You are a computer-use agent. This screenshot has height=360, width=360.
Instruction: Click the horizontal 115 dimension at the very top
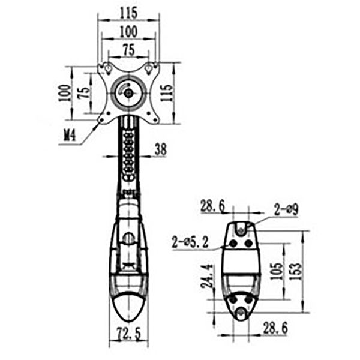(x=128, y=13)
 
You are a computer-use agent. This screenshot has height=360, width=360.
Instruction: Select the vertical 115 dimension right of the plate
(x=166, y=93)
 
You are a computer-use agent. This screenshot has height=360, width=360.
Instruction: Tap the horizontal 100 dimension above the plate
(x=128, y=31)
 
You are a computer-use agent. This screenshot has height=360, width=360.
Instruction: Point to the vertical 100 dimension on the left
(x=65, y=93)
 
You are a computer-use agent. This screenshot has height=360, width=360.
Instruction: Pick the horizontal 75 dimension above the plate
(x=129, y=50)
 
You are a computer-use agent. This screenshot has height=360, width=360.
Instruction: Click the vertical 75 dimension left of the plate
(x=84, y=93)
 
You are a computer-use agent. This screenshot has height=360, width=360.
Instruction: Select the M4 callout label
(x=70, y=136)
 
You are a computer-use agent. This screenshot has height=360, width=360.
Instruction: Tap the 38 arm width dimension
(x=160, y=149)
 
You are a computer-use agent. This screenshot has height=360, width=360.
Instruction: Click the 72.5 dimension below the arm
(x=128, y=334)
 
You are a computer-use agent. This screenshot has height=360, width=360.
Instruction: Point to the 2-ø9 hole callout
(x=286, y=210)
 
